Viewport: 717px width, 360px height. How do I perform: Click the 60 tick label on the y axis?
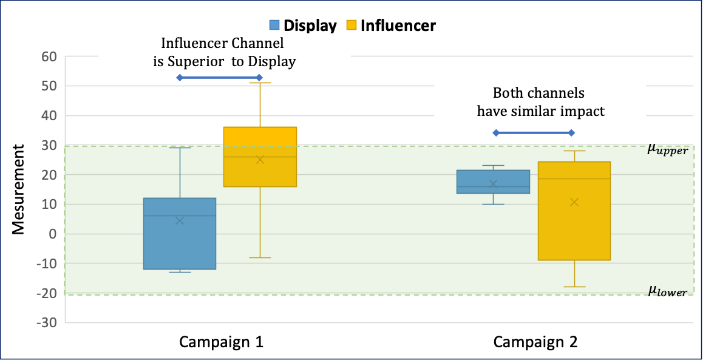(49, 57)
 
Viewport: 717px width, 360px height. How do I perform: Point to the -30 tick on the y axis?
(47, 322)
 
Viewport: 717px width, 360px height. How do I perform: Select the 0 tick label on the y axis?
(53, 234)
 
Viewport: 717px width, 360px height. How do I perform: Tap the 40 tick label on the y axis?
(49, 116)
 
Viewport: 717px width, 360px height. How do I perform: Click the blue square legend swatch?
(275, 25)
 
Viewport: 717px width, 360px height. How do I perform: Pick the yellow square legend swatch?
(352, 25)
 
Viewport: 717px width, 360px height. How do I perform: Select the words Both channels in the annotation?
(539, 93)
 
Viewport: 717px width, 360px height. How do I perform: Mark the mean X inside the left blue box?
(180, 220)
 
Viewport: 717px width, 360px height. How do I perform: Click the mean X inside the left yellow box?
(260, 160)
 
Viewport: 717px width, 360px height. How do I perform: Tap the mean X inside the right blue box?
(493, 184)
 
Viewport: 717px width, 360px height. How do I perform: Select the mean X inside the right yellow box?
(574, 202)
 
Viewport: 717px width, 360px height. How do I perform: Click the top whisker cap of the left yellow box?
(260, 83)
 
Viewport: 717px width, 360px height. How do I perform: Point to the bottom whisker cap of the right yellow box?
(574, 287)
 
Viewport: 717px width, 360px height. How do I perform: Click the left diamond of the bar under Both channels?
(495, 132)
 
